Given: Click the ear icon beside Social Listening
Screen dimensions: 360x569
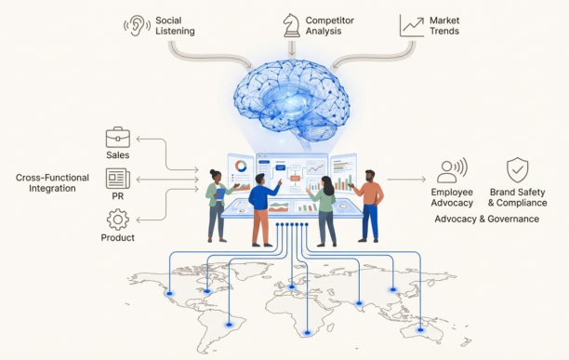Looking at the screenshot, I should point(137,24).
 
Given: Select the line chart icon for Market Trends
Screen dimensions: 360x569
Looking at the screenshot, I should point(412,24).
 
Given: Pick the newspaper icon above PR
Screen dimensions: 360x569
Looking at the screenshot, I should point(117,178).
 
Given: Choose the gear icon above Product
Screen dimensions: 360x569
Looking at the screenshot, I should point(117,220).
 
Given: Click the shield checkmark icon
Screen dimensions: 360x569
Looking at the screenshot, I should point(517,169).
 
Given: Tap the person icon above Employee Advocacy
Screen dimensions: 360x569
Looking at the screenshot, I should point(448,171).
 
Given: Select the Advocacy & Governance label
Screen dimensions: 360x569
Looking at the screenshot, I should point(486,220).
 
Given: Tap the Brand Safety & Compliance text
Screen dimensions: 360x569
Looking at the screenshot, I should point(518,197).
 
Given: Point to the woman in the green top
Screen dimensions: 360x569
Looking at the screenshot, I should point(325,205).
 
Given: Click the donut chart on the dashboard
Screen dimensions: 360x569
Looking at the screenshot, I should point(242,167).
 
